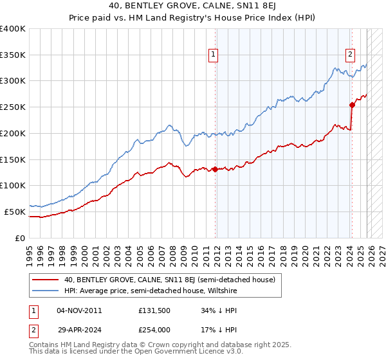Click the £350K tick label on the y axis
tap(13, 55)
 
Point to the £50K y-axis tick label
tap(15, 212)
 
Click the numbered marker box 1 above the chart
tap(213, 55)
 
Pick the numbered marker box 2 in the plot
tap(350, 55)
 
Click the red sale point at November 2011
tap(215, 170)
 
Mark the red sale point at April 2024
tap(352, 105)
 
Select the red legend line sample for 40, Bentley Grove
tap(46, 280)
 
